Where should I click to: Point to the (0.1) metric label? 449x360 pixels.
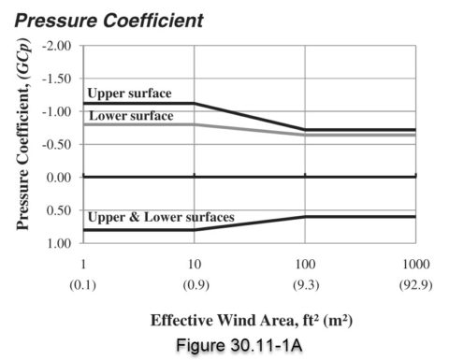pos(83,284)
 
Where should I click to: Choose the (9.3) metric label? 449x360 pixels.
pos(304,284)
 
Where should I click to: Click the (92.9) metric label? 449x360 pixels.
pos(414,284)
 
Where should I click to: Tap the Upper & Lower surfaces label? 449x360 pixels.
pos(160,218)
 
